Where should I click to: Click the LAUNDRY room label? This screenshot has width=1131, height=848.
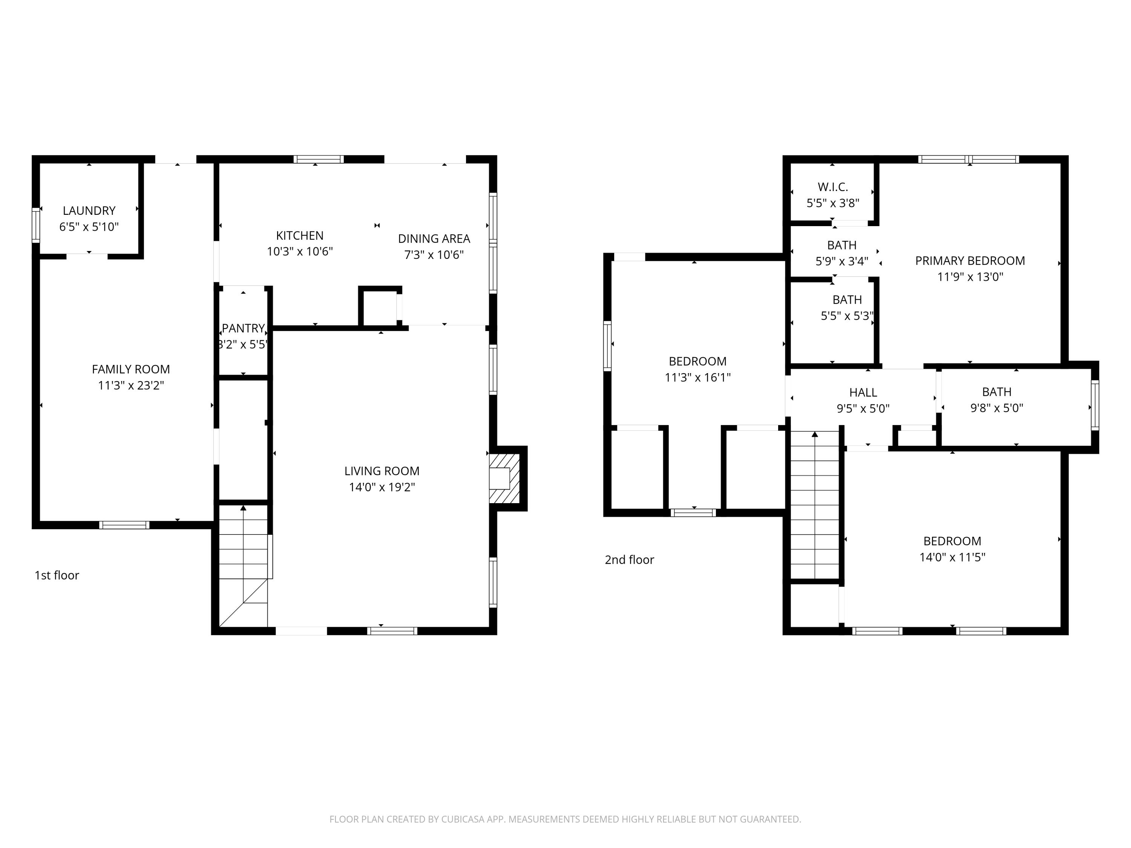89,211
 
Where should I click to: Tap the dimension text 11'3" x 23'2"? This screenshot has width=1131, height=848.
131,386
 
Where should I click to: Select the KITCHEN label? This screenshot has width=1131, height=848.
300,236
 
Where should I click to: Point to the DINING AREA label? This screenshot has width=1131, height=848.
434,239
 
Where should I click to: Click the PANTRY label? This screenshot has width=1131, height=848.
244,328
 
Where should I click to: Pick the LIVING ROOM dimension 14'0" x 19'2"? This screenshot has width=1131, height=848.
382,487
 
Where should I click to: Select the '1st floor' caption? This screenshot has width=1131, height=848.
57,576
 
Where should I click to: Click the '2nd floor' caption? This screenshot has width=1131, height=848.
630,560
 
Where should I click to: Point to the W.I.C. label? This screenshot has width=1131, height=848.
833,187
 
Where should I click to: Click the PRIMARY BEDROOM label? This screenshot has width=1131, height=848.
970,261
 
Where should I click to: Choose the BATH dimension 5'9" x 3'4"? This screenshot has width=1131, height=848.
841,262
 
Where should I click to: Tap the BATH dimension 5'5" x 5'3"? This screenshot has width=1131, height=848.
847,316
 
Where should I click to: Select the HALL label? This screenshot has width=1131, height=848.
863,393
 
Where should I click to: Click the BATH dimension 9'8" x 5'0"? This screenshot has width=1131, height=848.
996,408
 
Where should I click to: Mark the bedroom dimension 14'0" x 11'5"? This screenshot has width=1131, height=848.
952,557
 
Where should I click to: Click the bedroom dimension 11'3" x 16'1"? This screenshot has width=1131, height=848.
697,378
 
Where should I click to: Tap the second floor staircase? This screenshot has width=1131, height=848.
815,506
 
